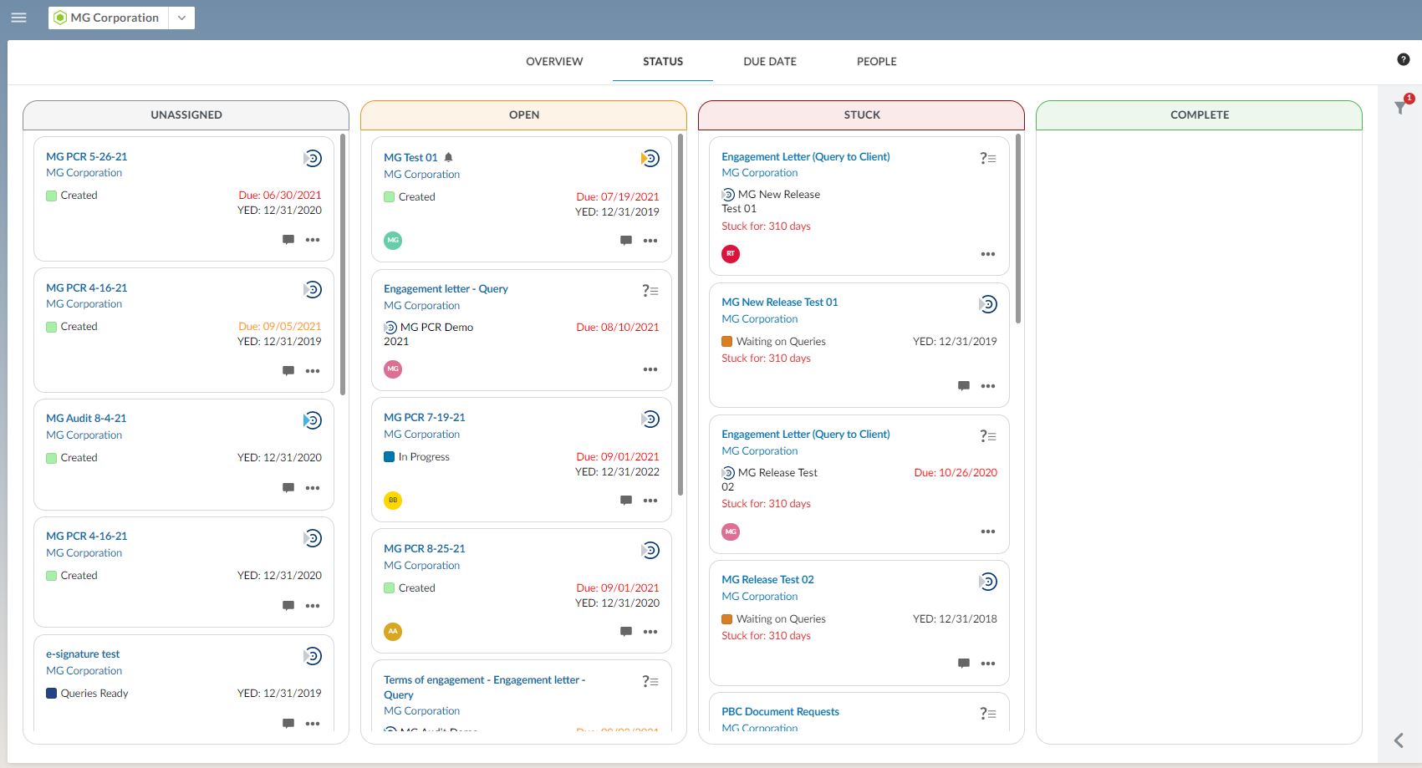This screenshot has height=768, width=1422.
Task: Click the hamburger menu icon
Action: click(x=18, y=18)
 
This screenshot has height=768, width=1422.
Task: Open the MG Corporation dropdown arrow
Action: click(x=181, y=18)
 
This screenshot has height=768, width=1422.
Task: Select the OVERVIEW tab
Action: click(x=554, y=62)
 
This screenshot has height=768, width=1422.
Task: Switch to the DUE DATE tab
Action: click(x=769, y=62)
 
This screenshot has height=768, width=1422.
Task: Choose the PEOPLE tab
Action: click(x=876, y=62)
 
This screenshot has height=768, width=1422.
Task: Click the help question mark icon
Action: click(x=1403, y=59)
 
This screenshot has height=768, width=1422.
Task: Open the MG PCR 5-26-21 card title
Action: click(x=87, y=157)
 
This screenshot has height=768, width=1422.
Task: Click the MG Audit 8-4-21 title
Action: click(x=86, y=419)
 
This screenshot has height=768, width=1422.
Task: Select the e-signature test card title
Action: click(x=83, y=654)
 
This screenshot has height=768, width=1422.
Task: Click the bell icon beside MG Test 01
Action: click(x=449, y=157)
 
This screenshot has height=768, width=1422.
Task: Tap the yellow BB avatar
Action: click(x=393, y=501)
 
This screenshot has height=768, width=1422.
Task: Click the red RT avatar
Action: click(x=731, y=254)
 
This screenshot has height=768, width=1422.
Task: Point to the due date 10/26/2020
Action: click(x=956, y=473)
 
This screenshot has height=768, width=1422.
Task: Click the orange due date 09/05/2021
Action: click(x=279, y=327)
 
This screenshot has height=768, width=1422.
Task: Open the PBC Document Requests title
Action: click(x=780, y=712)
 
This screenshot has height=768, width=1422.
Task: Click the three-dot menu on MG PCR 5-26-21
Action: click(x=313, y=240)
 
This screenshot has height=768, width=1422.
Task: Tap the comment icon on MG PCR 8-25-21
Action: click(x=626, y=632)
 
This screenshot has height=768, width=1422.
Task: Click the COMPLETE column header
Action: click(x=1199, y=115)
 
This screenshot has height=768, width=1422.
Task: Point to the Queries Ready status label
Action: click(x=94, y=694)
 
